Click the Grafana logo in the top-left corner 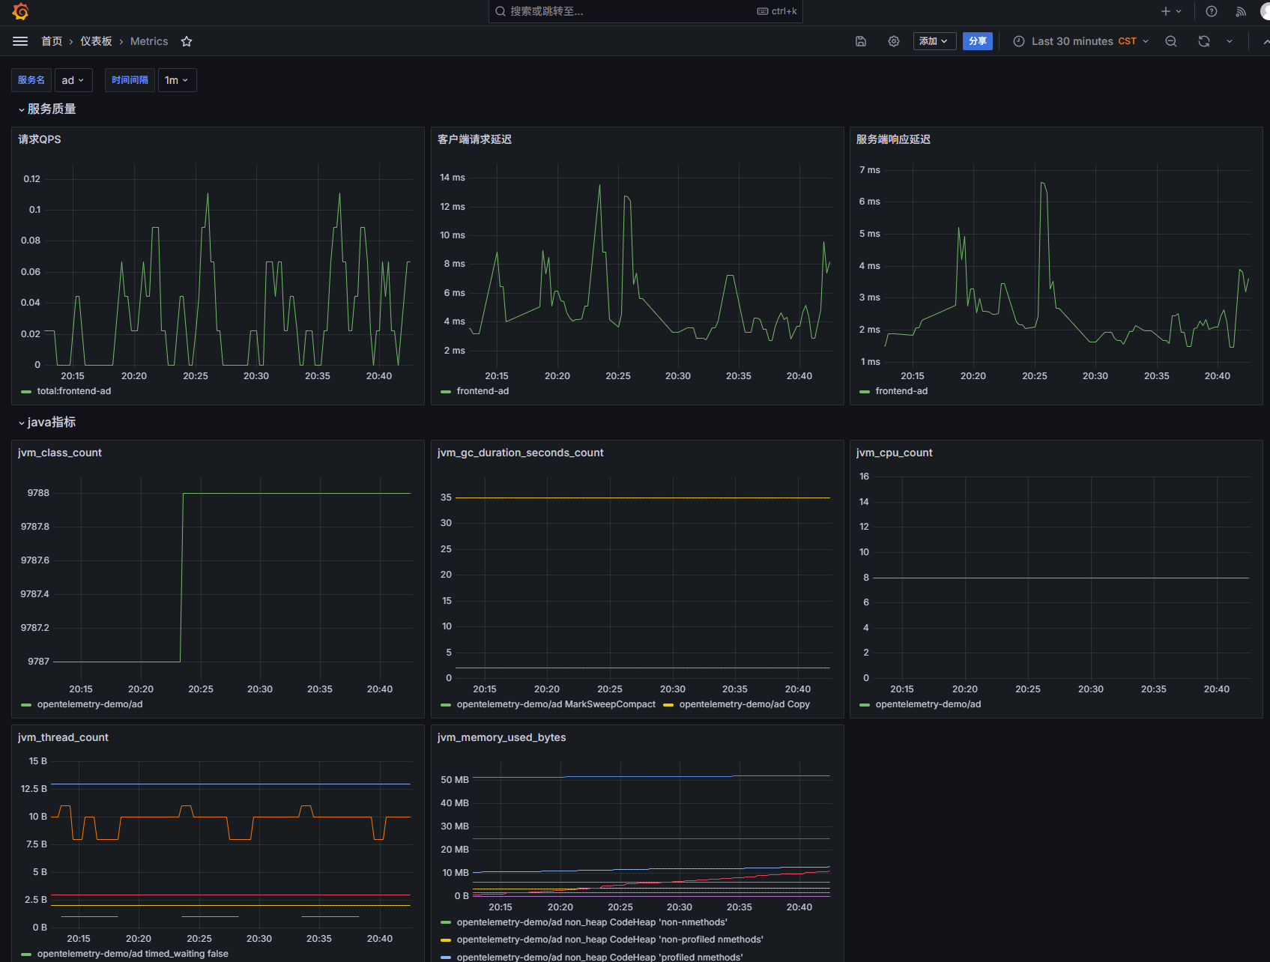[20, 11]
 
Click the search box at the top [645, 11]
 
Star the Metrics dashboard [187, 41]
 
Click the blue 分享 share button [977, 41]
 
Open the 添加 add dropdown [934, 41]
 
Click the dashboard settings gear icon [894, 41]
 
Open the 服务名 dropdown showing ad [73, 80]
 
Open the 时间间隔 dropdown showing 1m [177, 80]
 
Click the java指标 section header [47, 423]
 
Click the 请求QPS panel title [40, 139]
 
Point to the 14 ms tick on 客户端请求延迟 [453, 178]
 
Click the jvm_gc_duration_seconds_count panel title [520, 453]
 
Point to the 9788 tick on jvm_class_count [38, 493]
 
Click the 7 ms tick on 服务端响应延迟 [870, 170]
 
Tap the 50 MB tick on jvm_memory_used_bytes [455, 780]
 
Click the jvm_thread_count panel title [63, 737]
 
